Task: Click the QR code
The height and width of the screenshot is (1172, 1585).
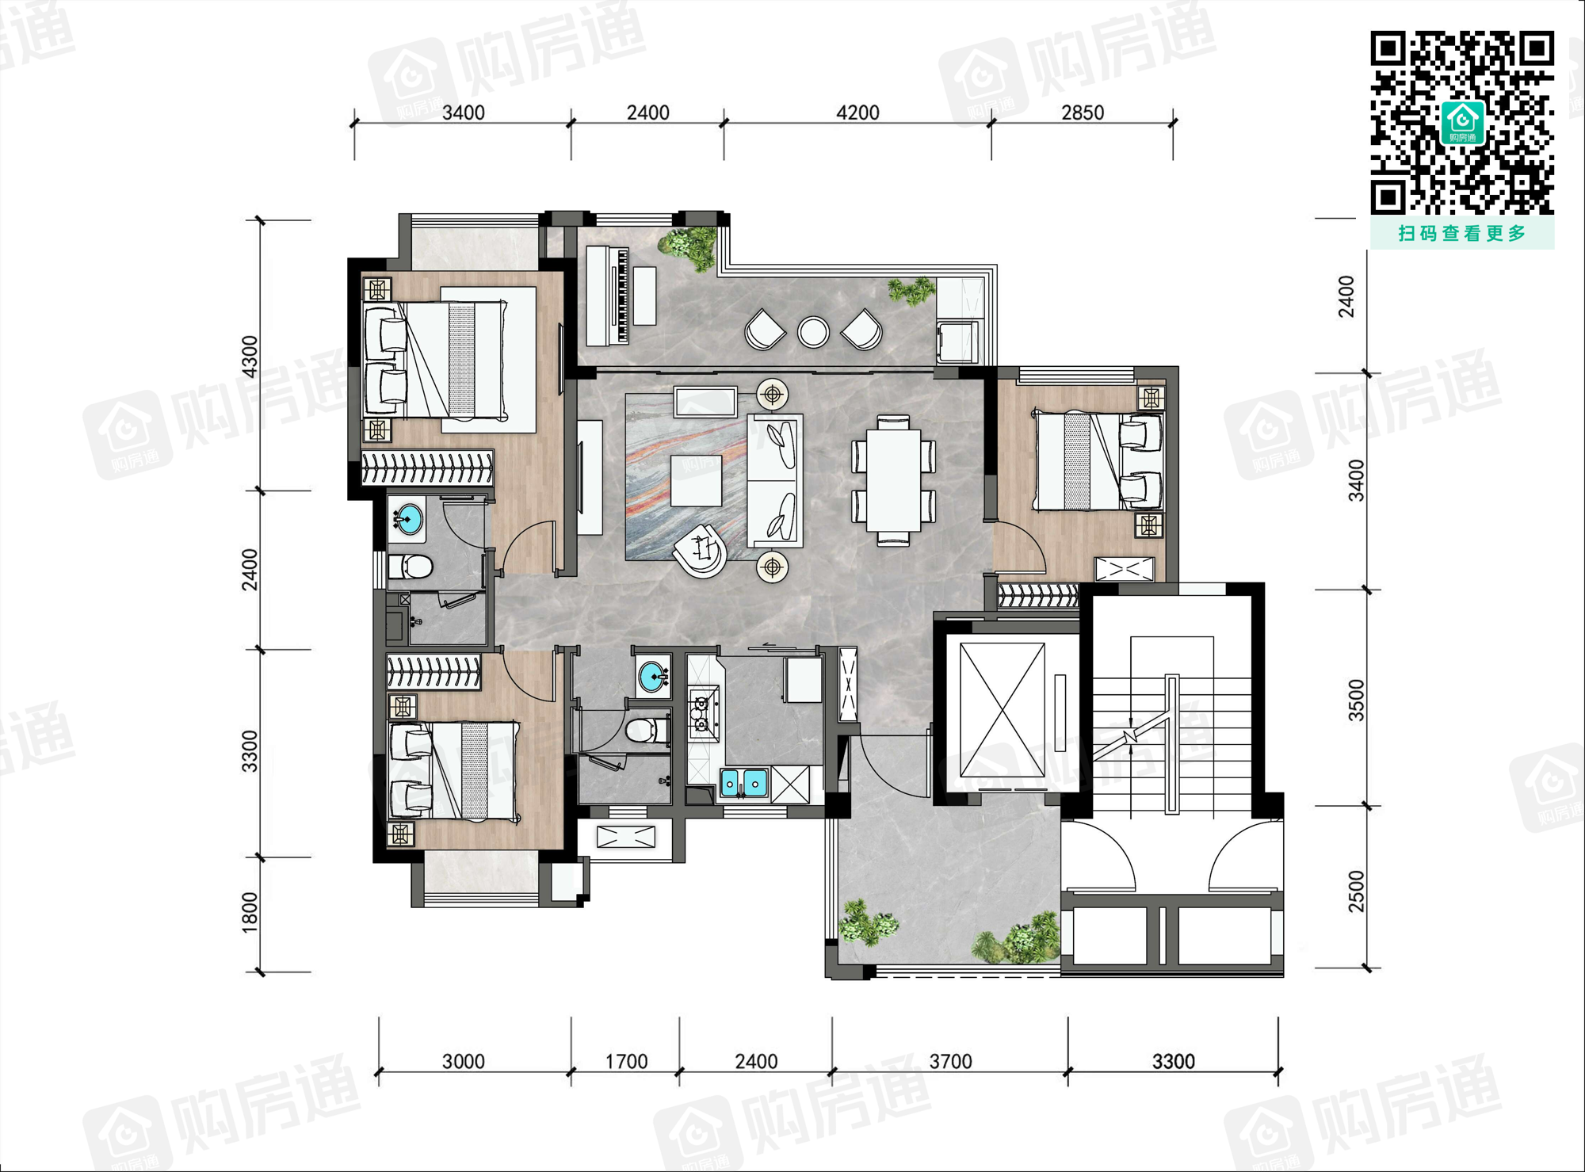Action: [x=1462, y=123]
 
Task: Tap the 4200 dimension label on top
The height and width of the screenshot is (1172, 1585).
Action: [x=857, y=113]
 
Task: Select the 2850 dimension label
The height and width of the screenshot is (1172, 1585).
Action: [x=1083, y=113]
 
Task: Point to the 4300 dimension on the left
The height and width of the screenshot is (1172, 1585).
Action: [x=250, y=357]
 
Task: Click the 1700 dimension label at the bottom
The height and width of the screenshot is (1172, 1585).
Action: [x=626, y=1061]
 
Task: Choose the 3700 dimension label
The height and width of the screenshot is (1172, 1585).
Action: [x=950, y=1061]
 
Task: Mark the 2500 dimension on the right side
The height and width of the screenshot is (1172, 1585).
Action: [x=1356, y=891]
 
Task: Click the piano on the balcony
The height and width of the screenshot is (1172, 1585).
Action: [x=608, y=296]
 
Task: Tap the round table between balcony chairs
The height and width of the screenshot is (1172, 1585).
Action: [x=813, y=332]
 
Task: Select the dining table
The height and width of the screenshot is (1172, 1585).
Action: [x=893, y=480]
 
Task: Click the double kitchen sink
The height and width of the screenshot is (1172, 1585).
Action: [x=744, y=782]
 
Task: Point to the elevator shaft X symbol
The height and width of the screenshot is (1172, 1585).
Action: [x=1003, y=710]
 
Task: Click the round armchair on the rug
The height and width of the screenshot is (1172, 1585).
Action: [x=700, y=550]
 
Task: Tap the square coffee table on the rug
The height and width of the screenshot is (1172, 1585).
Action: [x=696, y=481]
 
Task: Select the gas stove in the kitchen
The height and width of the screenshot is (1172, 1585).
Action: [x=701, y=713]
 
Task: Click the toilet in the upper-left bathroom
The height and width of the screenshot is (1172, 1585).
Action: [x=411, y=567]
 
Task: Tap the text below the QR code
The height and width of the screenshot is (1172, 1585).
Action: [x=1462, y=233]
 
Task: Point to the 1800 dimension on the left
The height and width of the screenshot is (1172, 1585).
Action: [x=250, y=911]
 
